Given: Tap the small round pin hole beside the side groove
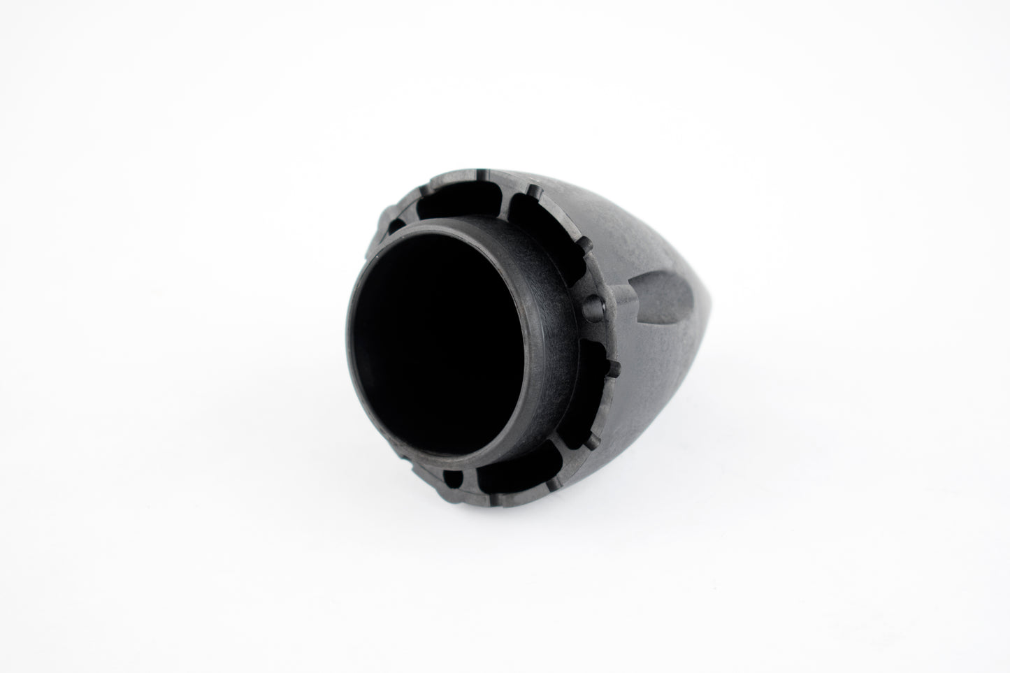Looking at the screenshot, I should pos(593,302).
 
